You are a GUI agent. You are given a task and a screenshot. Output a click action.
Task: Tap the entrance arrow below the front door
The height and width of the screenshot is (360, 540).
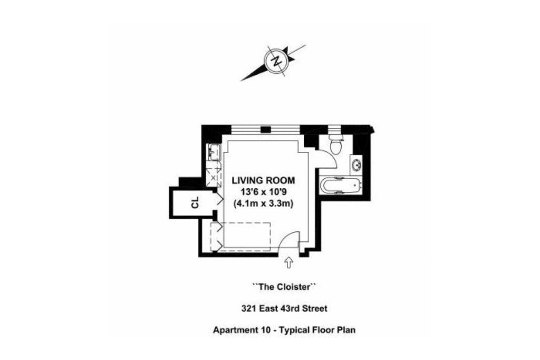pyautogui.click(x=288, y=262)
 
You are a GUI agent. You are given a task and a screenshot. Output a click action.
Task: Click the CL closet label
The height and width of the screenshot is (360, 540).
pyautogui.click(x=195, y=202)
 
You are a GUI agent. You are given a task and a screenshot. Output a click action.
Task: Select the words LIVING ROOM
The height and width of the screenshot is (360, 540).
pyautogui.click(x=263, y=180)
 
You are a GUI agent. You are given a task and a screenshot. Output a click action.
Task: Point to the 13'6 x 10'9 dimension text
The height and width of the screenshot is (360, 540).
pyautogui.click(x=264, y=192)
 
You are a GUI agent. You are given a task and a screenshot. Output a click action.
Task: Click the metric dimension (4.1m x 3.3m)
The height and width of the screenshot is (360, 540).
pyautogui.click(x=264, y=203)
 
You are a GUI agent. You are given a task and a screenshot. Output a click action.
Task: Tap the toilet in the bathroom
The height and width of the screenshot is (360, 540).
pyautogui.click(x=335, y=144)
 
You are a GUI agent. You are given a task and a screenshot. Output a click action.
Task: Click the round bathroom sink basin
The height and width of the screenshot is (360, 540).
pyautogui.click(x=356, y=165)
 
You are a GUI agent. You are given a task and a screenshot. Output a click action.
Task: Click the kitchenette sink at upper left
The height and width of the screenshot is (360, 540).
pyautogui.click(x=214, y=152)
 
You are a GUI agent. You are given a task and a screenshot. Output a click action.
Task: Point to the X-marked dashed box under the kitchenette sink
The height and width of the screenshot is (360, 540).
pyautogui.click(x=214, y=177)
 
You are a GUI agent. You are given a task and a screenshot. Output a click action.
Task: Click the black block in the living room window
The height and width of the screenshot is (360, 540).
pyautogui.click(x=265, y=130)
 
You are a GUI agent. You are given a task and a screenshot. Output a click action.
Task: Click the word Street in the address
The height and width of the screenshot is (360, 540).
pyautogui.click(x=315, y=308)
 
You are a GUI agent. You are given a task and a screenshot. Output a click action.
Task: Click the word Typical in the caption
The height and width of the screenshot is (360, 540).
pyautogui.click(x=294, y=330)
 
